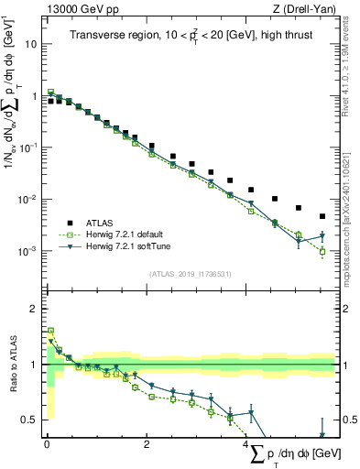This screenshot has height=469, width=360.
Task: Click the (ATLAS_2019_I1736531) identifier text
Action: click(190, 274)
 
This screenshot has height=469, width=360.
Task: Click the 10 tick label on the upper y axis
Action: click(30, 43)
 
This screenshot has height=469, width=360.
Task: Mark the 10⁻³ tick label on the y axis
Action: click(28, 251)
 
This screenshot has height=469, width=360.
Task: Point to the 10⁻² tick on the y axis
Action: click(28, 199)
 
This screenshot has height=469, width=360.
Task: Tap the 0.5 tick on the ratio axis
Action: click(29, 420)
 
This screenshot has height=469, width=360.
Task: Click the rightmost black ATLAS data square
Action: click(322, 217)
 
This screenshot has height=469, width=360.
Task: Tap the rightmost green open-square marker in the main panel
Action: click(322, 251)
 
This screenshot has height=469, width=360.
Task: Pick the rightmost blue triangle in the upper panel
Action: click(322, 236)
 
